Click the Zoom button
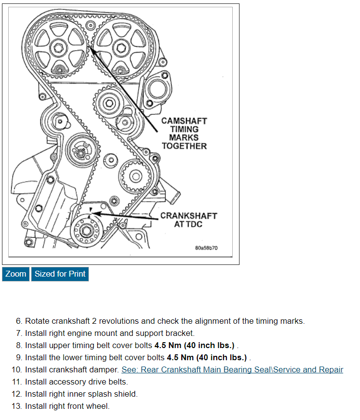(x=16, y=274)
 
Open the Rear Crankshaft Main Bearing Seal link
(x=232, y=369)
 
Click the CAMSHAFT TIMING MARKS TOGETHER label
(x=184, y=133)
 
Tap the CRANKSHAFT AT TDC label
(x=189, y=220)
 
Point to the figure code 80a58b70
(x=206, y=248)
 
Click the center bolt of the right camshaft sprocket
(x=120, y=47)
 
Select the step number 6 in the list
(x=19, y=321)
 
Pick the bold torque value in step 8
(x=195, y=345)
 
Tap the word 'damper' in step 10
(x=105, y=369)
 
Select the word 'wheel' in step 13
(x=98, y=406)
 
